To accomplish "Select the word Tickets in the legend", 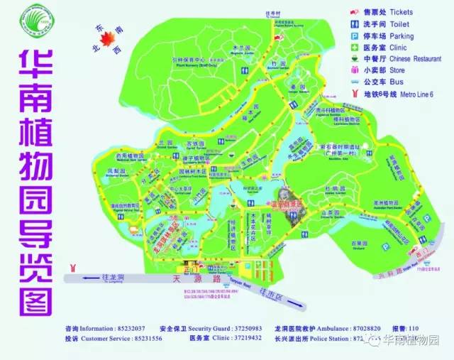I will pos(402,12).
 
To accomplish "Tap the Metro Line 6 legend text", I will pos(413,93).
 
